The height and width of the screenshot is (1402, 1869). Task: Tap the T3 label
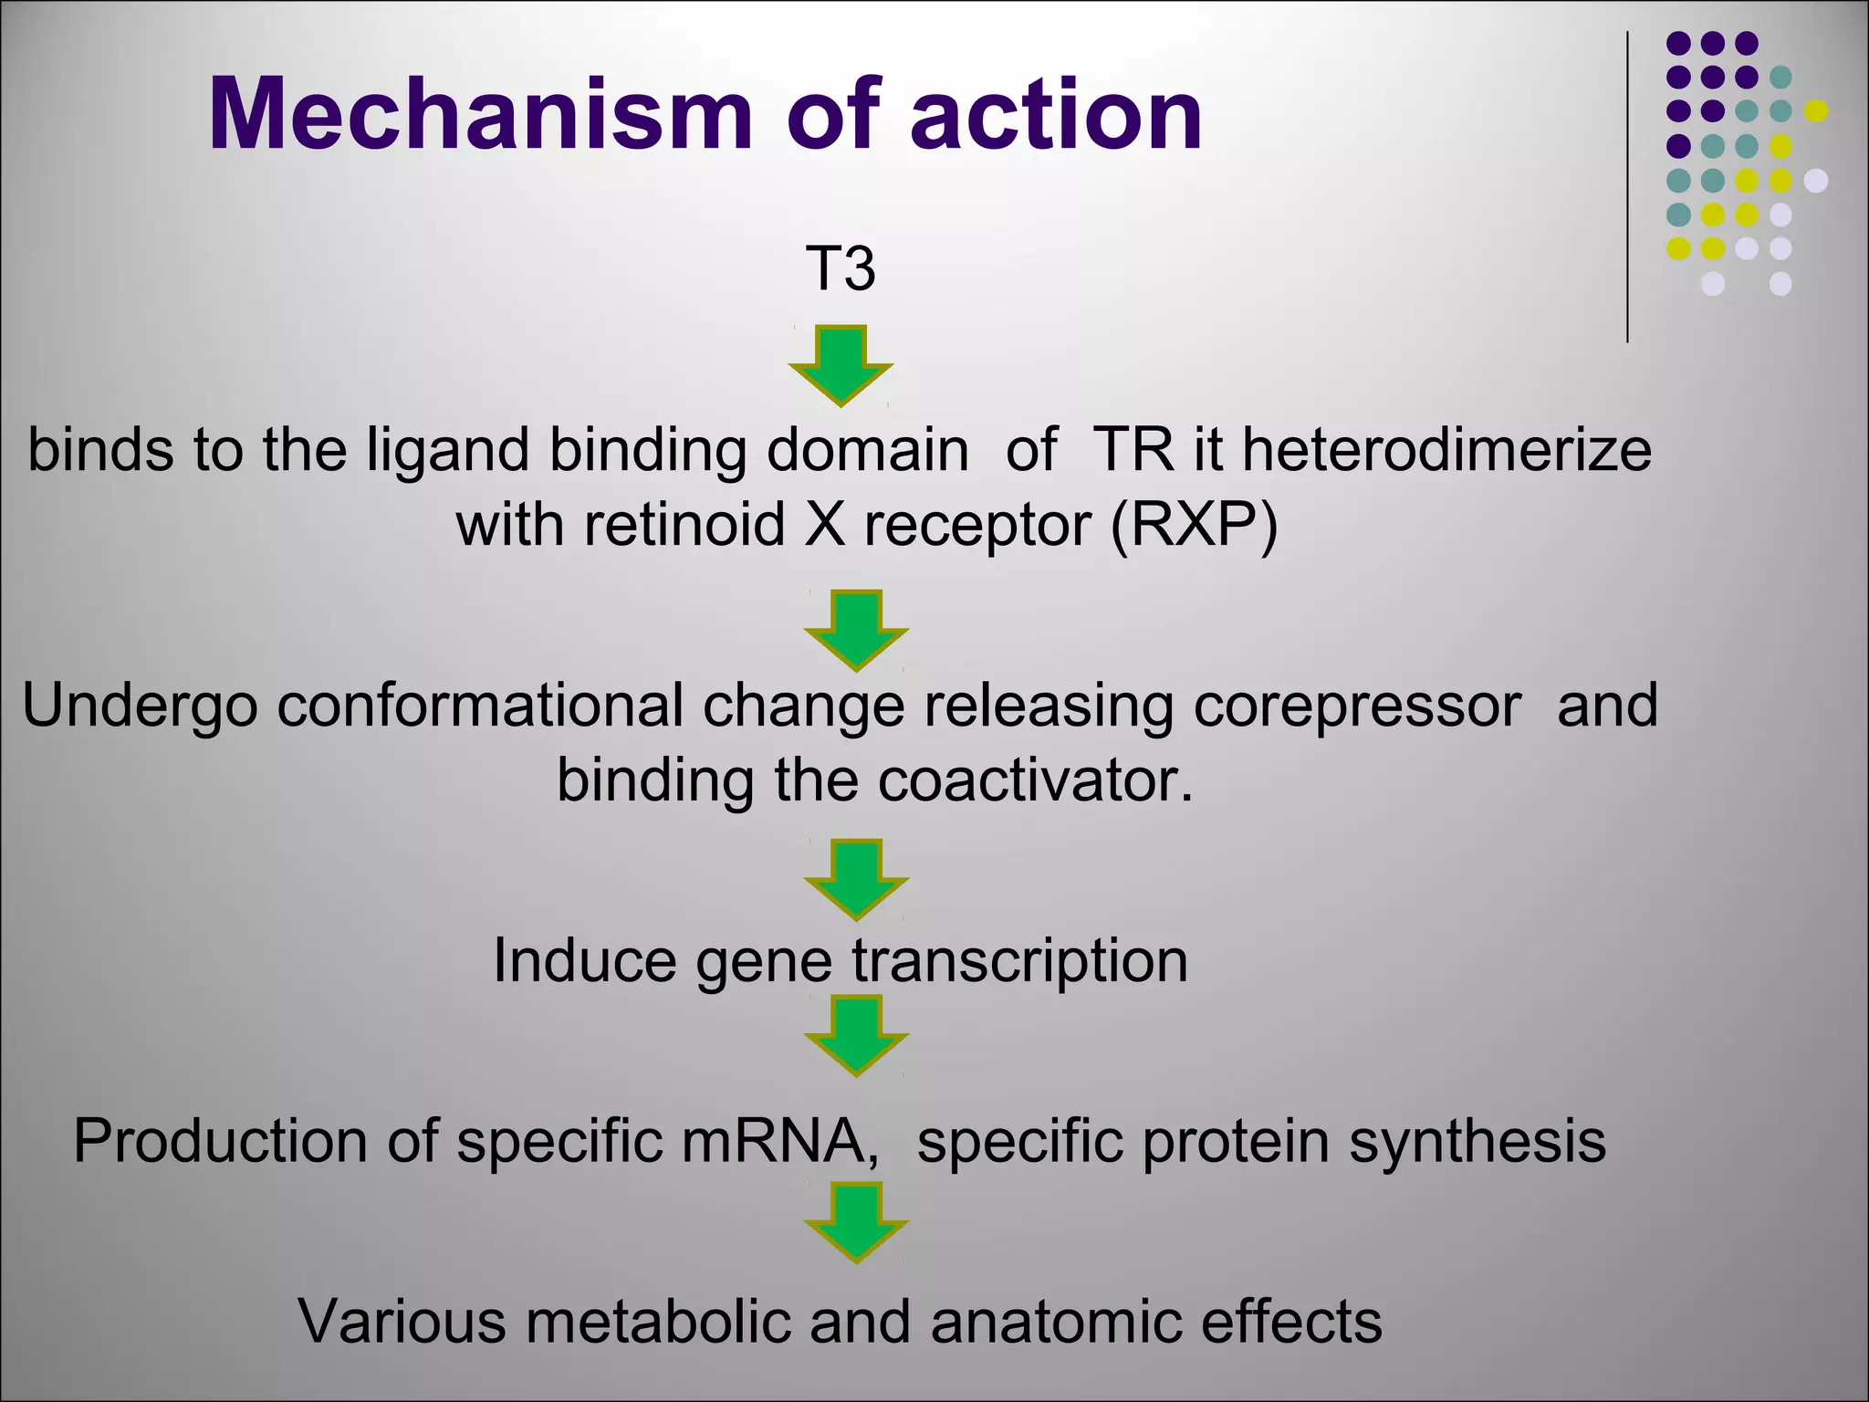tap(841, 268)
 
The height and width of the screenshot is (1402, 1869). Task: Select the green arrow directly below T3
tap(841, 364)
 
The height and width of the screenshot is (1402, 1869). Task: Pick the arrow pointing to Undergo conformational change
tap(856, 630)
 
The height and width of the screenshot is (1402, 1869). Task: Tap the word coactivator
tap(1035, 781)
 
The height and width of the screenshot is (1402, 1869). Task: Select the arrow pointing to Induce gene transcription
tap(856, 879)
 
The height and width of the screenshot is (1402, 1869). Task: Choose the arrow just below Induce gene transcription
tap(856, 1035)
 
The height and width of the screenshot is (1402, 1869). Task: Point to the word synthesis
tap(1477, 1141)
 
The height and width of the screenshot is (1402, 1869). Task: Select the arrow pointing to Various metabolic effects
tap(856, 1221)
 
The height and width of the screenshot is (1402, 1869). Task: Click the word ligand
tap(447, 452)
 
